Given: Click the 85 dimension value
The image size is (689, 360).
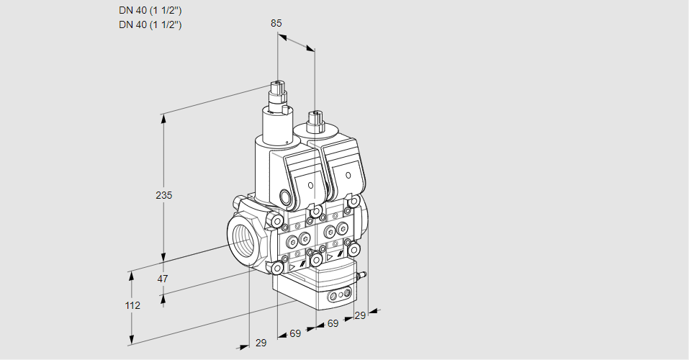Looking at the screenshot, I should pos(276,23).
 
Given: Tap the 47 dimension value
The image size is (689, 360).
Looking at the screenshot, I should pos(163,279).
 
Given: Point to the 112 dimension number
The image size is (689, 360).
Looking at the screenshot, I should pos(132,305).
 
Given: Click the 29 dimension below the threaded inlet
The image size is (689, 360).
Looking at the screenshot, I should pos(261,343).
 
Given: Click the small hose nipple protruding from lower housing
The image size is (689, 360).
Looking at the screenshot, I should pos(363,274).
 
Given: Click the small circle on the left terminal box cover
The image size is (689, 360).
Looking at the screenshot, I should pos(311,186).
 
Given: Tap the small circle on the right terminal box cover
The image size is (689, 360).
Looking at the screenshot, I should pos(348,175).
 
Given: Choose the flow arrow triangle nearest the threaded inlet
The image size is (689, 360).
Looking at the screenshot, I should pos(294,266).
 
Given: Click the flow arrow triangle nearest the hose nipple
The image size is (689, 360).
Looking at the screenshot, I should pos(330,256).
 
